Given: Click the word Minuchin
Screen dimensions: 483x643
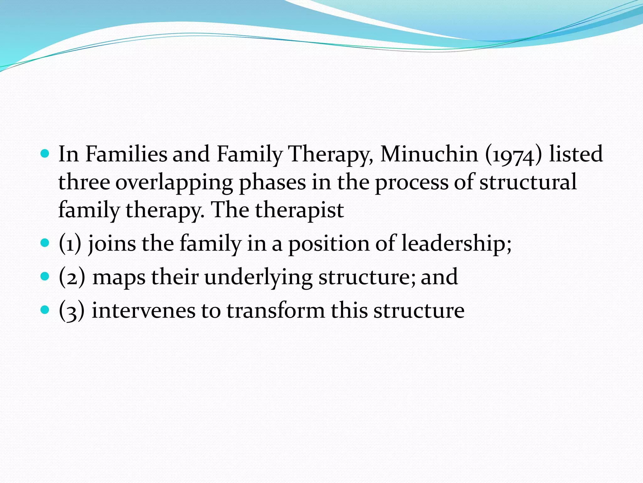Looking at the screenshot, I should click(429, 154).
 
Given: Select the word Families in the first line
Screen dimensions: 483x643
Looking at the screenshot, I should click(126, 154).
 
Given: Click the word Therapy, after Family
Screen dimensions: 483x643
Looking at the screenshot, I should click(331, 155).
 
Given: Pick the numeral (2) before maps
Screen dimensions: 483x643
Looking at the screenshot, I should click(72, 278).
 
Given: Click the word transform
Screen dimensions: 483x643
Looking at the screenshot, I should click(276, 311).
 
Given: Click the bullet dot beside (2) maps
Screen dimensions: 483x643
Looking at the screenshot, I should click(45, 276).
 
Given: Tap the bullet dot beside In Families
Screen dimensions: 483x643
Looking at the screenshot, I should click(45, 154).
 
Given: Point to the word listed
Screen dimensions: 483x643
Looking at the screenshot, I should click(575, 154).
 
